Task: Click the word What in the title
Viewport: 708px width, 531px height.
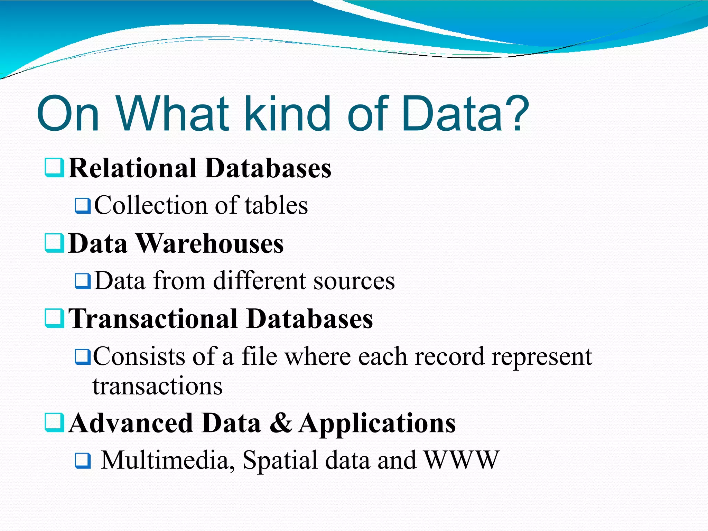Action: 173,113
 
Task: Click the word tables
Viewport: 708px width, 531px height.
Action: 276,205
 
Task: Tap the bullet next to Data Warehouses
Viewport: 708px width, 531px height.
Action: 54,243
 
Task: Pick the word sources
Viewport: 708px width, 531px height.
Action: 354,281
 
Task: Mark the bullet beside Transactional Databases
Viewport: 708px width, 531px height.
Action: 54,318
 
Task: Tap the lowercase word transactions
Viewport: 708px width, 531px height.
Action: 158,386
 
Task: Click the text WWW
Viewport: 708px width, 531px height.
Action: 462,460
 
